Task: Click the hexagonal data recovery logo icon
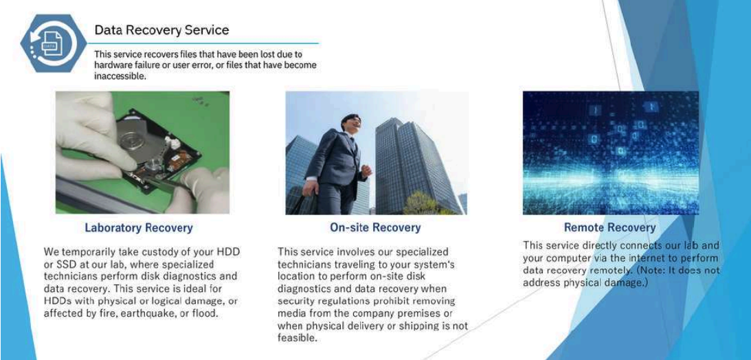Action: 47,43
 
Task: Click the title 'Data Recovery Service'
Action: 162,30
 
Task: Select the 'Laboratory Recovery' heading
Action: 139,227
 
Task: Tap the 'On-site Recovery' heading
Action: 375,227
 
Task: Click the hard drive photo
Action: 142,153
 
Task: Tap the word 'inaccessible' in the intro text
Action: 120,76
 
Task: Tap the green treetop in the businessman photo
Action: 425,203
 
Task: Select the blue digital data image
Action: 611,153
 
